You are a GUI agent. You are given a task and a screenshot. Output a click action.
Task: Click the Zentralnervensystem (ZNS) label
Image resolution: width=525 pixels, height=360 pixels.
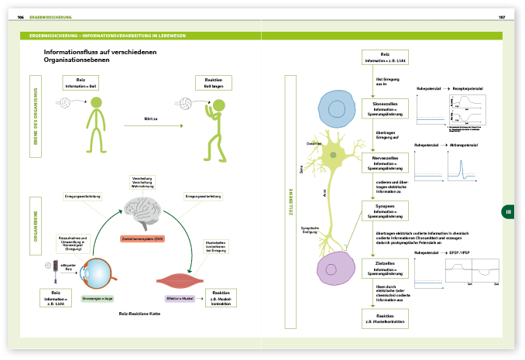(x=142, y=238)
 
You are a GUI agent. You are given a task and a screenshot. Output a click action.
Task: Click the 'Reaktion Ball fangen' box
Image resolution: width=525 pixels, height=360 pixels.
(x=208, y=82)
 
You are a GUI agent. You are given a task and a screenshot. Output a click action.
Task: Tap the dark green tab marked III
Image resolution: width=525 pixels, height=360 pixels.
(x=508, y=212)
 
